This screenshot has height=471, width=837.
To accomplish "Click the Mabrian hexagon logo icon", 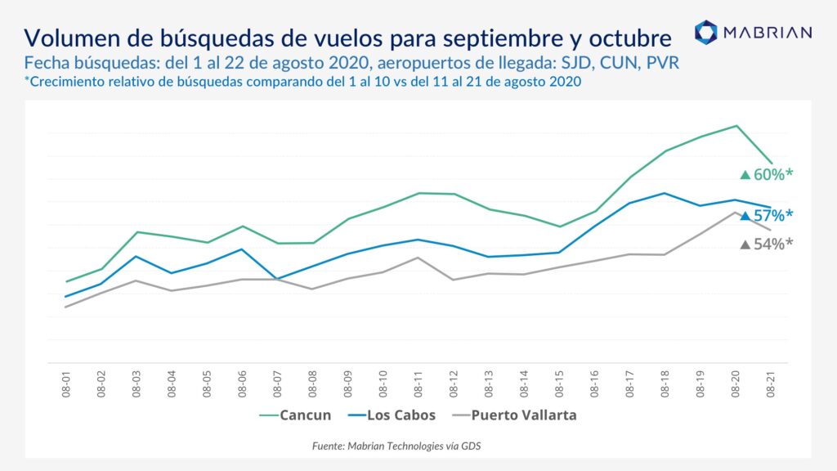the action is point(705,32).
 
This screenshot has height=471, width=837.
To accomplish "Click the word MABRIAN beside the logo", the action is point(768,33).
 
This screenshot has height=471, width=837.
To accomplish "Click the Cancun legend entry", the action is point(295,415).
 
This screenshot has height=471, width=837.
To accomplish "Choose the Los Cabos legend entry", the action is point(392,415).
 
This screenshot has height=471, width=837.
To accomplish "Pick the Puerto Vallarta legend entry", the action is point(514,415).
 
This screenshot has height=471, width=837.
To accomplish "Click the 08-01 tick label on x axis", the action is point(65,384).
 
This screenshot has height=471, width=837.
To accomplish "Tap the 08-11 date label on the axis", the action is point(418,384).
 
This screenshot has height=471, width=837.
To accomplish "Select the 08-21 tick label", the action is point(770,384).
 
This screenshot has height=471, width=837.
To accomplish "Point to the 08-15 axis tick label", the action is point(559,384).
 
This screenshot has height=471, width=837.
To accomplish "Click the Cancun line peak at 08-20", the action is point(736,126).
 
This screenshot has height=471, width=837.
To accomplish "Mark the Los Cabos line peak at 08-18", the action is point(664,193).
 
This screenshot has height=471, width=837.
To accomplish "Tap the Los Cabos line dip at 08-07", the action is point(277,279).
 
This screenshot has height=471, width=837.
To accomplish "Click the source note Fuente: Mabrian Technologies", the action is point(396,446).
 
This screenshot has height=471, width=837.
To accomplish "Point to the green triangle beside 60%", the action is point(745,175).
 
